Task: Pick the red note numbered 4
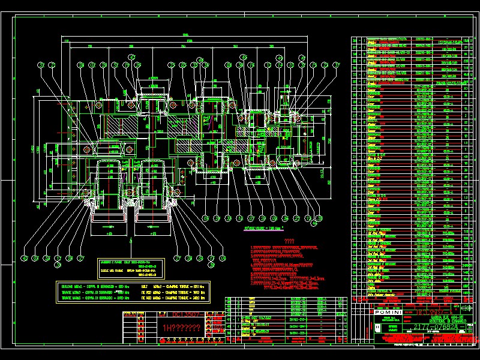coord(282,265)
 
